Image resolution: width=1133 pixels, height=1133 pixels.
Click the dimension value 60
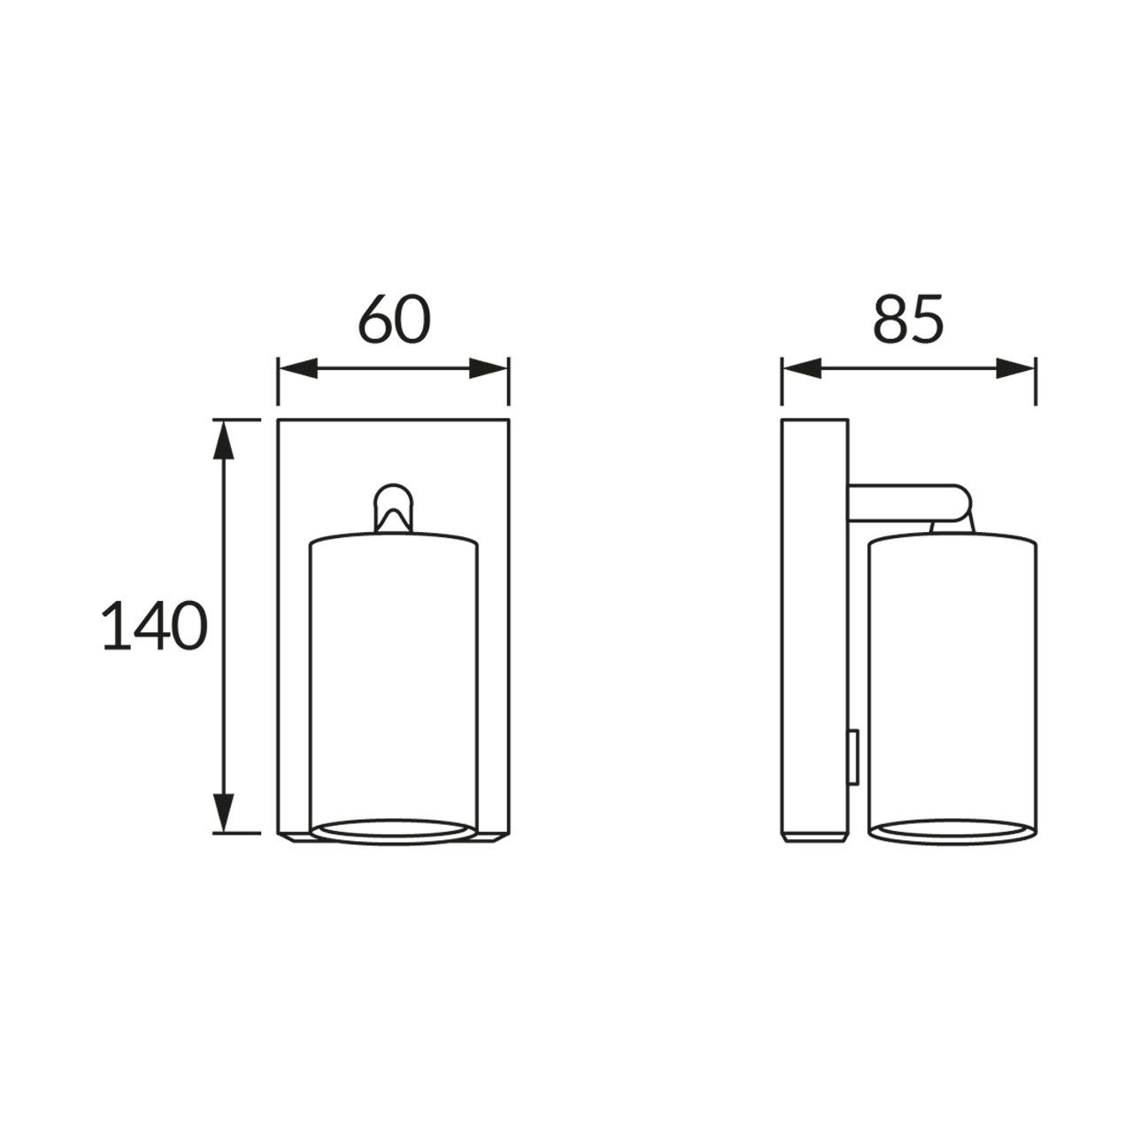click(395, 319)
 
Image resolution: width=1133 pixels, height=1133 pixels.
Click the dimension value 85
click(908, 319)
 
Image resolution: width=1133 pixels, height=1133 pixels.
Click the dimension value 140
click(155, 625)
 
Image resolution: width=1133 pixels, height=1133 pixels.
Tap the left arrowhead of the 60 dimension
click(298, 368)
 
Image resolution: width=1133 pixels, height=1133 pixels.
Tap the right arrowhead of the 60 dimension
click(488, 368)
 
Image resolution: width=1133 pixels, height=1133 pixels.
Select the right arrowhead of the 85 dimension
click(1015, 368)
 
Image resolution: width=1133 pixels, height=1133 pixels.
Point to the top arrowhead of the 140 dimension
click(223, 441)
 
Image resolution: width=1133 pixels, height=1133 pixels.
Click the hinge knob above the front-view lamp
click(393, 507)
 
